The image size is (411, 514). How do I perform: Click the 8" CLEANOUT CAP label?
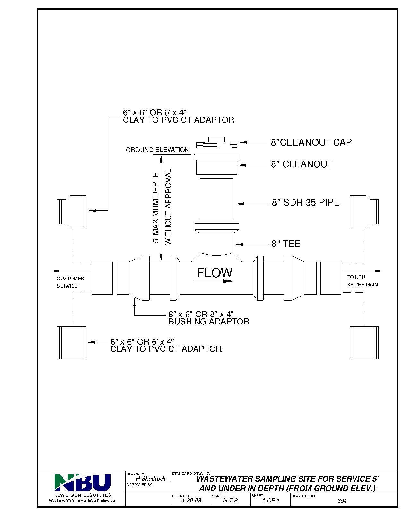311,142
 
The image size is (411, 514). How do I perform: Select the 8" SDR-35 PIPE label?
306,202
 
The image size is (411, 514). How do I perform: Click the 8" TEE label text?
286,244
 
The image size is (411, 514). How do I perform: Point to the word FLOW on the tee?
214,273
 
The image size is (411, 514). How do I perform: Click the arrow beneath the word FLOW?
214,281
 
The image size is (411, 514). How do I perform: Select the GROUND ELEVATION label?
157,150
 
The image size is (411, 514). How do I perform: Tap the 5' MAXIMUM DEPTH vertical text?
156,207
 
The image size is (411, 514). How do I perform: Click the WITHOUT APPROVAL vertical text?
168,207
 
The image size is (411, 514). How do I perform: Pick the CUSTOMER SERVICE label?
70,282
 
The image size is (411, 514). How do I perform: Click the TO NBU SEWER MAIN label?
362,281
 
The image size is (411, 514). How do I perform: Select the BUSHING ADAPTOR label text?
209,322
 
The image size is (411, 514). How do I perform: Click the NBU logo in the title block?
83,482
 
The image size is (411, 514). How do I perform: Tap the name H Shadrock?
151,479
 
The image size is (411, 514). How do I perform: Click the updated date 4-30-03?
191,500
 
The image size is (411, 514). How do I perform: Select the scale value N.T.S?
231,501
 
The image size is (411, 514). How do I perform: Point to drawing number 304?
342,501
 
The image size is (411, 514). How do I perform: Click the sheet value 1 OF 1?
271,501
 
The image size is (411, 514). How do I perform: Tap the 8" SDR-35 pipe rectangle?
216,199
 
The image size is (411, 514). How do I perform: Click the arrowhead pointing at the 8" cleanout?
242,165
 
